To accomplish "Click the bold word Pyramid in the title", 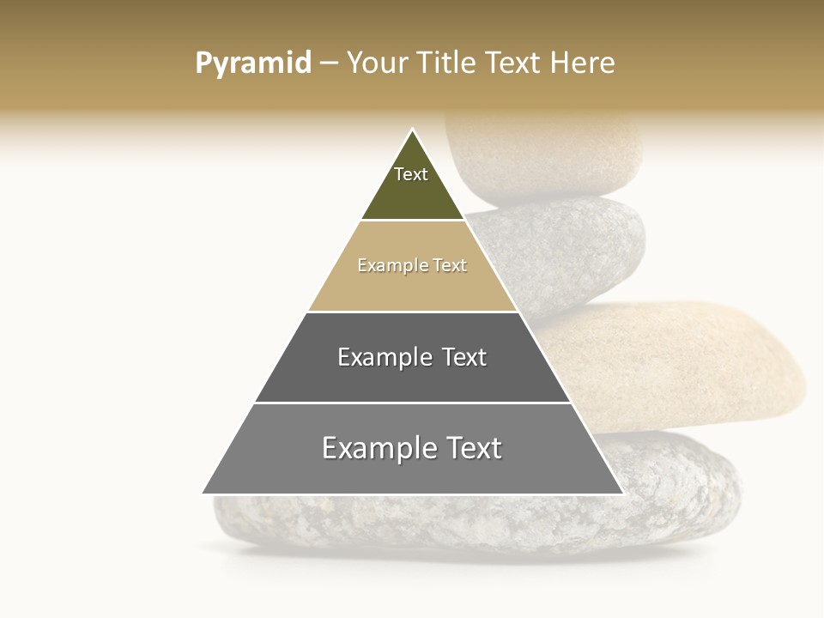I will coord(252,64).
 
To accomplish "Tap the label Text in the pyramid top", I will coord(411,174).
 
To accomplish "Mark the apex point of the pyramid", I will coord(413,130).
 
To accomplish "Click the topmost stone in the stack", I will coord(549,154).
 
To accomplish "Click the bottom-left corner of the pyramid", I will coord(203,494).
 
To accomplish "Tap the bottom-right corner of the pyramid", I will coord(622,494).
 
